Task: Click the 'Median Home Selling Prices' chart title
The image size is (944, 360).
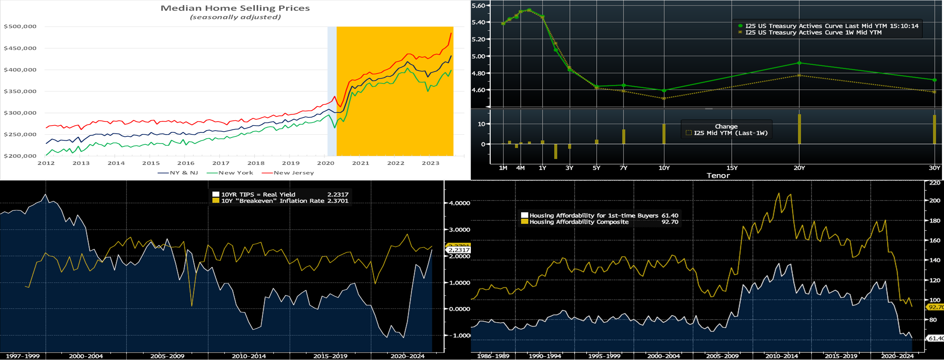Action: pos(235,8)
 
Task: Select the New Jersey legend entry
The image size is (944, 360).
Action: pos(293,173)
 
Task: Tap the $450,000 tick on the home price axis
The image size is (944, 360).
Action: pos(20,48)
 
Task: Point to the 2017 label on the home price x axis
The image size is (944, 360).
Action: pos(221,163)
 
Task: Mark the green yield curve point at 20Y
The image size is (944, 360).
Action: pos(799,63)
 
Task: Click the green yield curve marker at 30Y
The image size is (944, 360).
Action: pos(934,80)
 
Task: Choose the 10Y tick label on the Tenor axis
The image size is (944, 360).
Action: pos(664,168)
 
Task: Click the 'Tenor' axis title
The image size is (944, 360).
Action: pos(718,176)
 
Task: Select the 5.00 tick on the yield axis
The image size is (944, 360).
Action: pos(478,56)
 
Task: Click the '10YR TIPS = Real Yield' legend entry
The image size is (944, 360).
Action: pos(258,195)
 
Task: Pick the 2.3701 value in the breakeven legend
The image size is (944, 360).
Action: pos(338,201)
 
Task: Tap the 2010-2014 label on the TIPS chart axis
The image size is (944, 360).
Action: pos(249,356)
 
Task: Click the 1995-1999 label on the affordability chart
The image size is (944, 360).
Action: pos(604,356)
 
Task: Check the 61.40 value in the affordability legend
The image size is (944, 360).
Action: pos(669,215)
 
